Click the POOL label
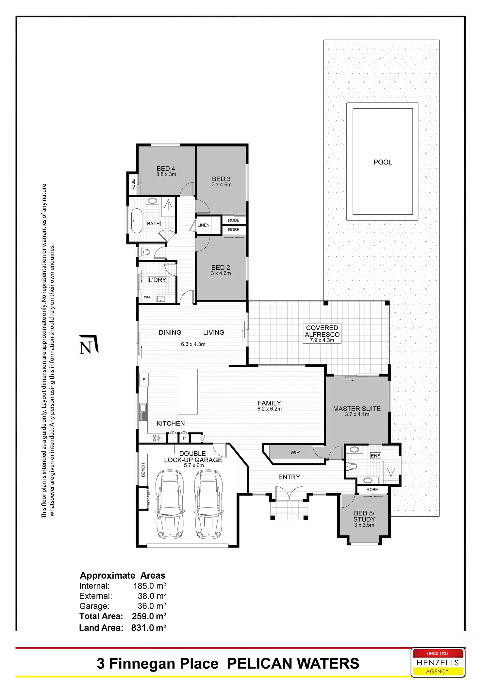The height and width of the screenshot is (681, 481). (383, 162)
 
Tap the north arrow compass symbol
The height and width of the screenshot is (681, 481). (88, 344)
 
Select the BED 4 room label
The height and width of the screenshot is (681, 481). (166, 168)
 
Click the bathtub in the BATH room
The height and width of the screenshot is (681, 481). (136, 221)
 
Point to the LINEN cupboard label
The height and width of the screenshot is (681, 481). (203, 225)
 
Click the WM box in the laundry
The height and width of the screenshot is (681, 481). (147, 297)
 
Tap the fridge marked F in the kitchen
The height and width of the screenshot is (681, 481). (144, 380)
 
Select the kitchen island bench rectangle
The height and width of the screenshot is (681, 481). (188, 392)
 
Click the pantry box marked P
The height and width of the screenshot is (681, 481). (184, 438)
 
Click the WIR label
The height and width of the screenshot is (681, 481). (295, 453)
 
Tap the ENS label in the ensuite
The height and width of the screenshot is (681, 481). (375, 456)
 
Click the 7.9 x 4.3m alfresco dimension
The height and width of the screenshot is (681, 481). (322, 340)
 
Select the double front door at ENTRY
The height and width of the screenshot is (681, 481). (289, 494)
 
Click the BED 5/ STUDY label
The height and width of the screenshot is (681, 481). (364, 516)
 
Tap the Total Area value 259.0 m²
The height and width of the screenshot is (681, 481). (149, 616)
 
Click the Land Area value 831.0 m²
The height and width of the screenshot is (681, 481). (148, 628)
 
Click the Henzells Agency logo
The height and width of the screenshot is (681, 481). (437, 662)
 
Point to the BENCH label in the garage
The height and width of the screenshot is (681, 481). (143, 470)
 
